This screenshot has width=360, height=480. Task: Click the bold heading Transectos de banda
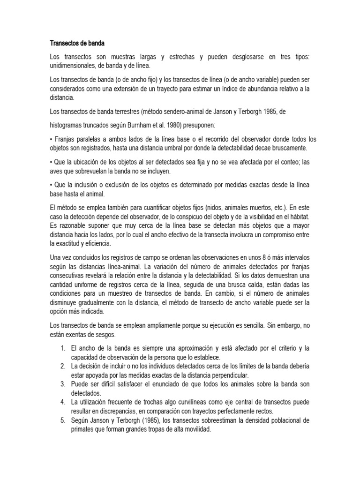coord(78,44)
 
